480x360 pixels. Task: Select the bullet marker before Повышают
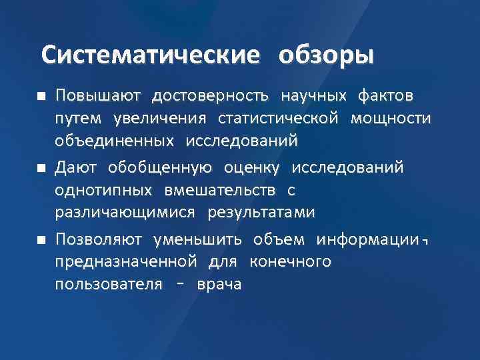[x=41, y=97]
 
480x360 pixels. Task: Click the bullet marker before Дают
[x=41, y=167]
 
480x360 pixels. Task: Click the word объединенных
[x=113, y=141]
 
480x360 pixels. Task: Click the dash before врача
[x=179, y=285]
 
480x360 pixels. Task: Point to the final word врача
[x=219, y=285]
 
